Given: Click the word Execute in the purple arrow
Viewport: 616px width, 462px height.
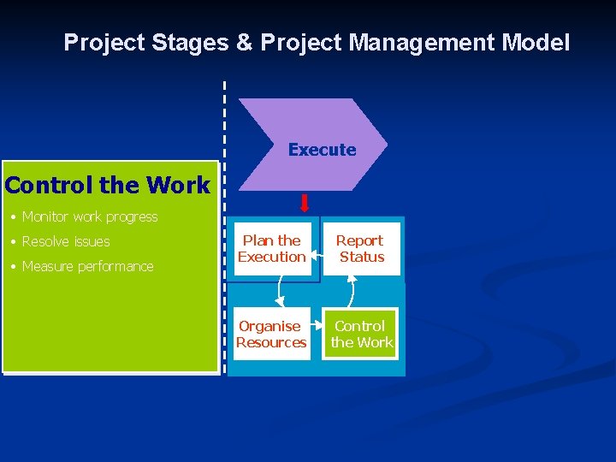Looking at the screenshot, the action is point(322,150).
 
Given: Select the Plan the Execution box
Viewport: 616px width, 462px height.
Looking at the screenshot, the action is point(272,249).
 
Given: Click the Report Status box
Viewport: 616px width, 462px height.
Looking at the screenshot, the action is point(360,249).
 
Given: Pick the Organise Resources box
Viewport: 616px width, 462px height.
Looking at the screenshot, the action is point(271,334).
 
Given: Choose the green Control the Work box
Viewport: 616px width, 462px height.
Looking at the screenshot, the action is point(360,334).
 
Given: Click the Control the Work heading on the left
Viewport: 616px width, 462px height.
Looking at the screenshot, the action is point(107,185).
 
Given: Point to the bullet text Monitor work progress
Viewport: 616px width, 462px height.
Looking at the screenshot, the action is point(90,217).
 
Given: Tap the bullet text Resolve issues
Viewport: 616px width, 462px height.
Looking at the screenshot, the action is point(66,242).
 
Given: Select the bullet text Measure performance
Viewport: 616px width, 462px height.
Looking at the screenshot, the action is point(87,267).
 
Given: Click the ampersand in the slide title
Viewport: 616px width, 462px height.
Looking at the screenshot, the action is point(244,43).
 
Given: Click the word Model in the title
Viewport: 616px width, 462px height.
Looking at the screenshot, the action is point(537,43).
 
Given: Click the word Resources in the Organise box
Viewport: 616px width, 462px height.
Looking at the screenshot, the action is point(271,343).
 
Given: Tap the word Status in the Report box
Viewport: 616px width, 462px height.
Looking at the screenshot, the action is point(362,258).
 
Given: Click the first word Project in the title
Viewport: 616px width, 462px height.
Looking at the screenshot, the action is point(100,43).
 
